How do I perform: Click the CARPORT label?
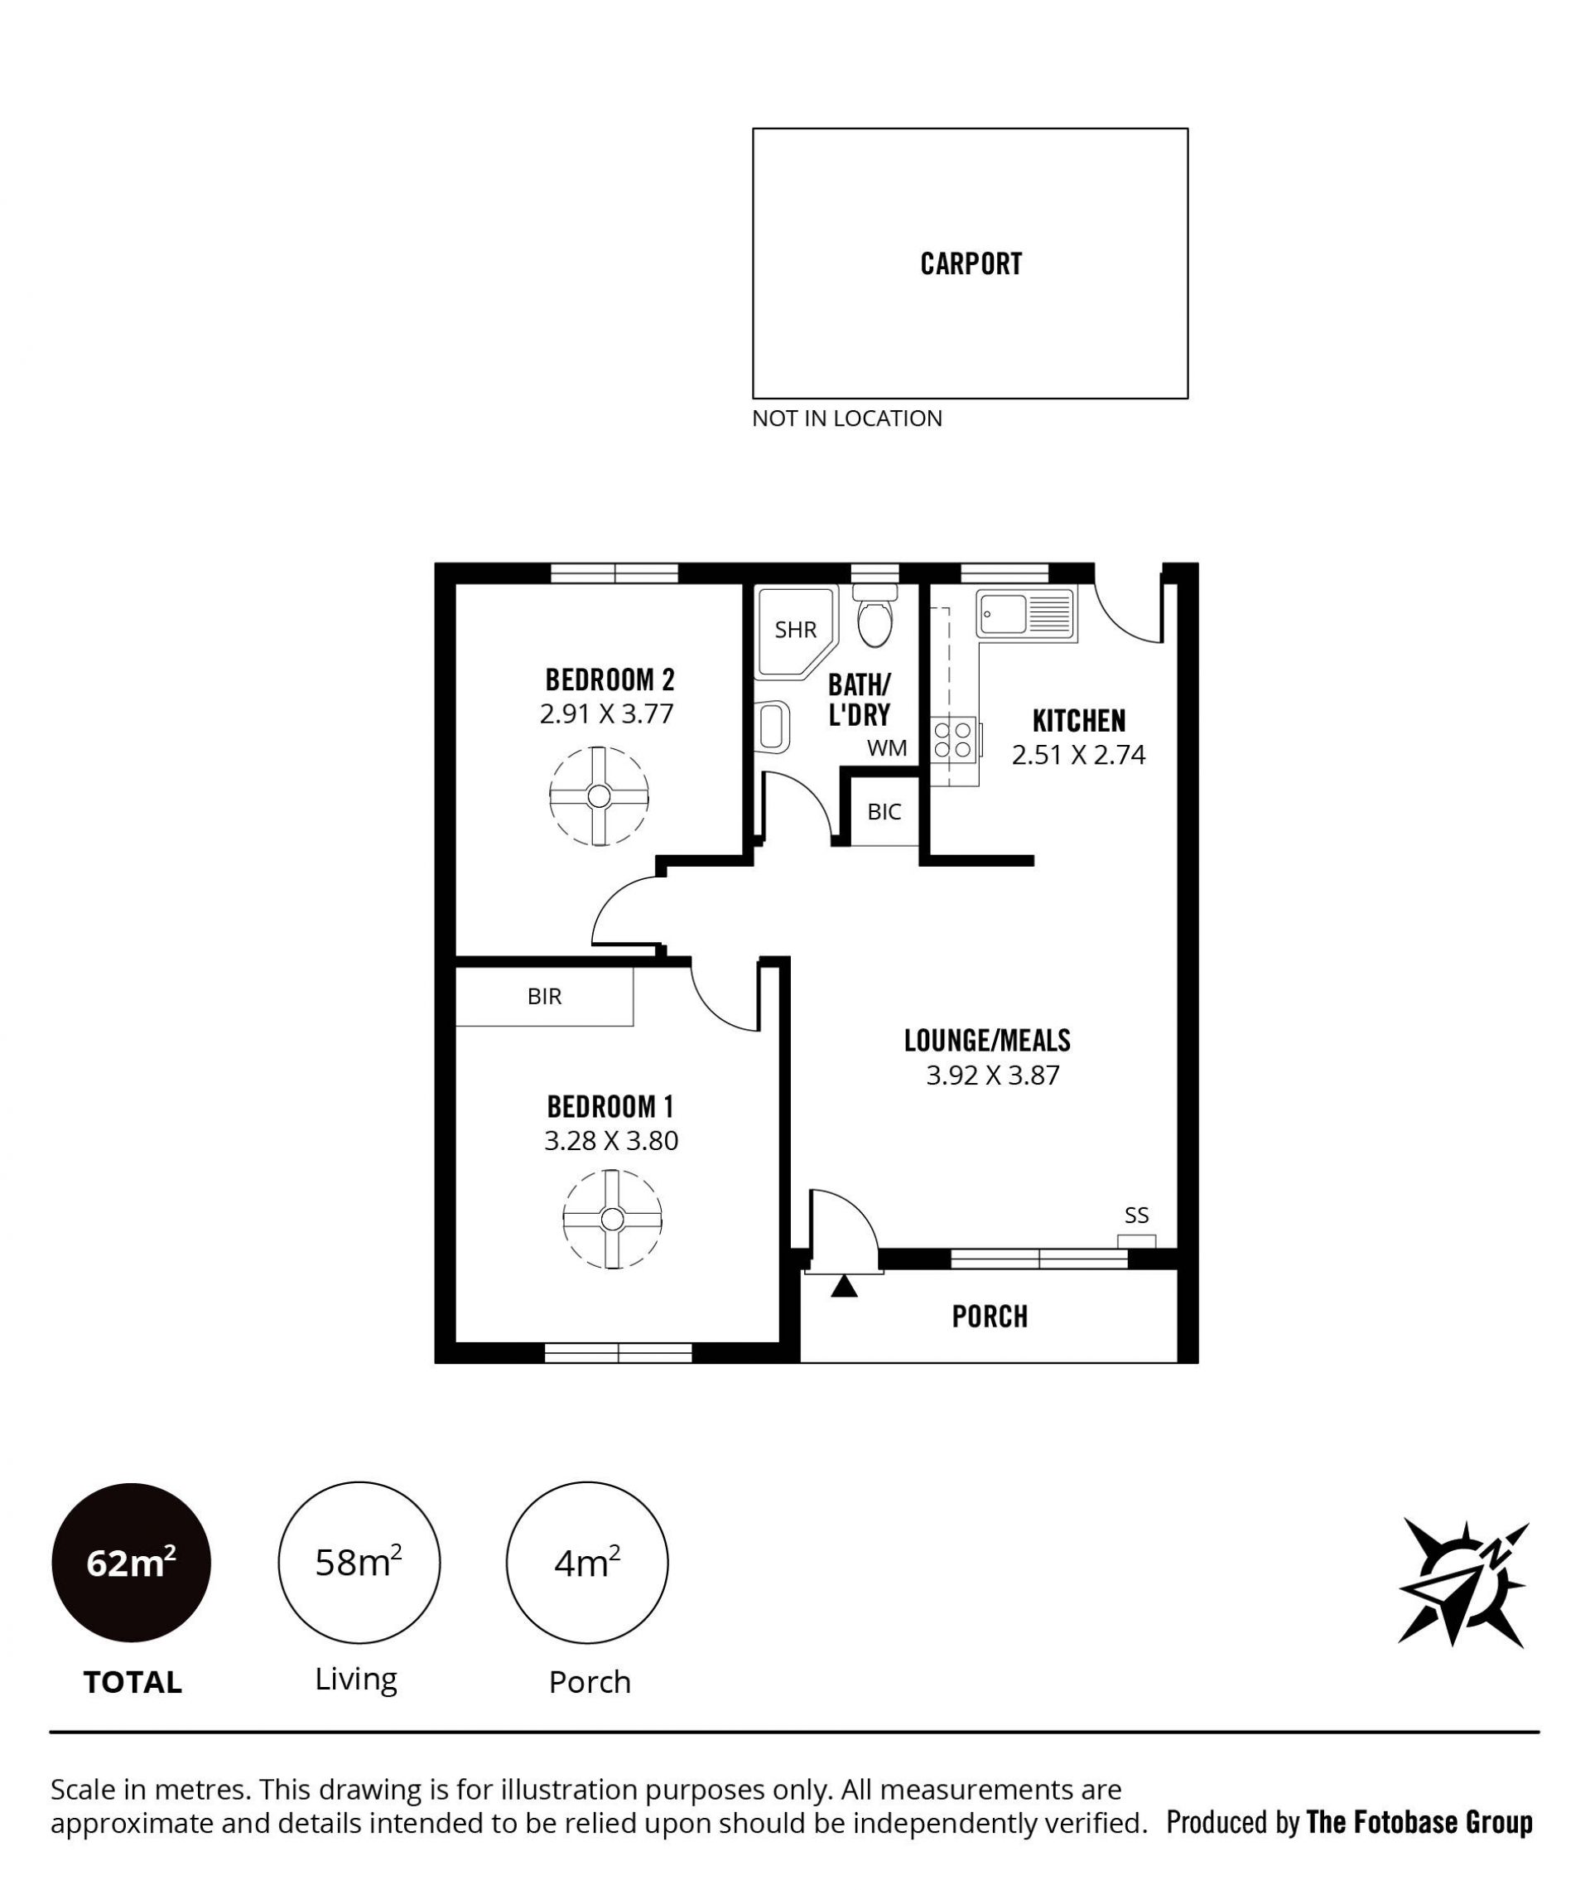[971, 263]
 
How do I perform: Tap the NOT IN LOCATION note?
[847, 418]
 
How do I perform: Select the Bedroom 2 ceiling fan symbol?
[600, 795]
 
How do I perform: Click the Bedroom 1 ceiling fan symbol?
[612, 1219]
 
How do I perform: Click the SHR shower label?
[796, 630]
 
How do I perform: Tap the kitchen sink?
[1027, 616]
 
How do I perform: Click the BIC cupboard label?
[884, 811]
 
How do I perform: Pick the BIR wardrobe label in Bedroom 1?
[544, 997]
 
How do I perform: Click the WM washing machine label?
[887, 747]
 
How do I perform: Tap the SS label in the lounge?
[1137, 1216]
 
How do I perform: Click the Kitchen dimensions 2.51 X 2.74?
[1078, 754]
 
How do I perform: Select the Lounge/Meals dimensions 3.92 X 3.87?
[992, 1075]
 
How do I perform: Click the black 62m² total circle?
[132, 1563]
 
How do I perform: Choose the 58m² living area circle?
[359, 1563]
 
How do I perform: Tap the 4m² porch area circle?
[587, 1563]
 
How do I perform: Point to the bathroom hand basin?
[773, 726]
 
